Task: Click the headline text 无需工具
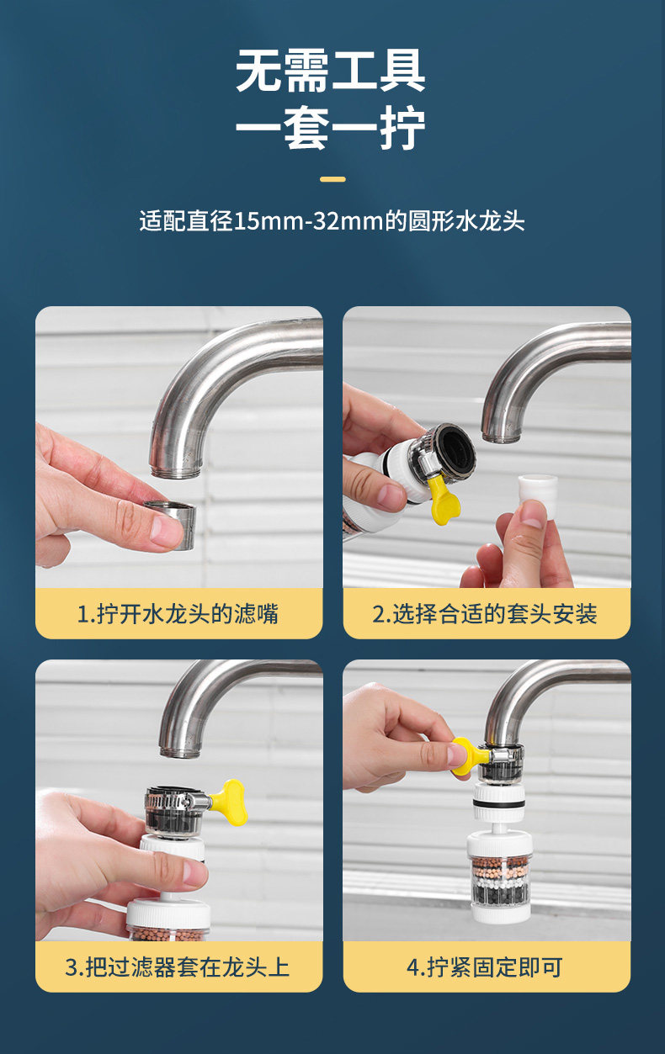331,71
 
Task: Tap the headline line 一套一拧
331,128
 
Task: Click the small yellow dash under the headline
332,179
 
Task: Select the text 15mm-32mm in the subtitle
309,220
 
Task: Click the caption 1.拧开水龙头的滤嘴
178,614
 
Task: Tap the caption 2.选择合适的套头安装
485,614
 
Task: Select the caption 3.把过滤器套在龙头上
177,967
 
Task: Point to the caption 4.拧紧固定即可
485,967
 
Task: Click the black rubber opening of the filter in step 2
456,451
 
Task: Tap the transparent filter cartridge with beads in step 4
500,884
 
